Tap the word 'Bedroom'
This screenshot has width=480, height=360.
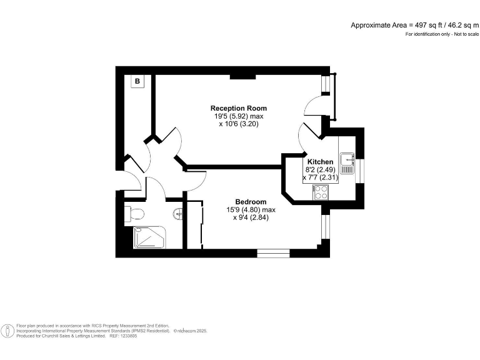tap(251, 202)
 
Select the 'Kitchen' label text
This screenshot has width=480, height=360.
tap(320, 162)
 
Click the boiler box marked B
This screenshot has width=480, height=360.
tap(137, 81)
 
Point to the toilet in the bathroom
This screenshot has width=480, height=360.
tap(131, 213)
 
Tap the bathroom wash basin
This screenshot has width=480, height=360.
tap(179, 213)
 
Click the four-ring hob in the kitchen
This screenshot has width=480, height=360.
tap(321, 192)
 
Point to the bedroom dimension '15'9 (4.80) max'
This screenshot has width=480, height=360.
tap(251, 210)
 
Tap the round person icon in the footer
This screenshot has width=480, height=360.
tap(8, 331)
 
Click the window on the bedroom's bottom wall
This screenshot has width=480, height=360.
tap(273, 252)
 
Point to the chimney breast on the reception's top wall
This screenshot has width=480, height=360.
tap(242, 77)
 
